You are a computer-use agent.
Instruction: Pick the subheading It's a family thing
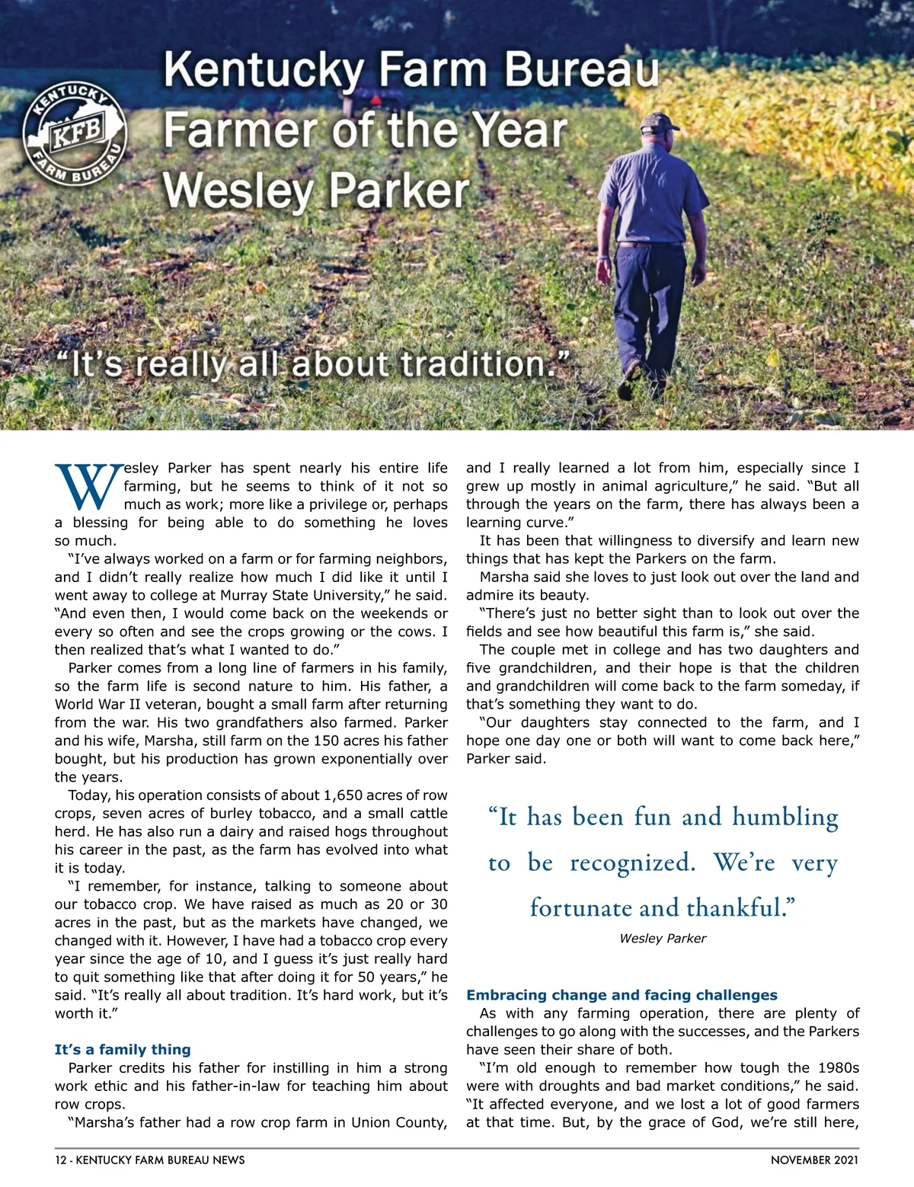(x=123, y=1049)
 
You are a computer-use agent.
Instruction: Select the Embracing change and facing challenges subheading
(x=622, y=995)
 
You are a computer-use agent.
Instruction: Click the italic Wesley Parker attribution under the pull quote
(x=663, y=939)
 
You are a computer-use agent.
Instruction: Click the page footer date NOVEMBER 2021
(x=814, y=1160)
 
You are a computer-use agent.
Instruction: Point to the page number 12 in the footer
(x=60, y=1160)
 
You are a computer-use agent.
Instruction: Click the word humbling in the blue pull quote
(x=785, y=817)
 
